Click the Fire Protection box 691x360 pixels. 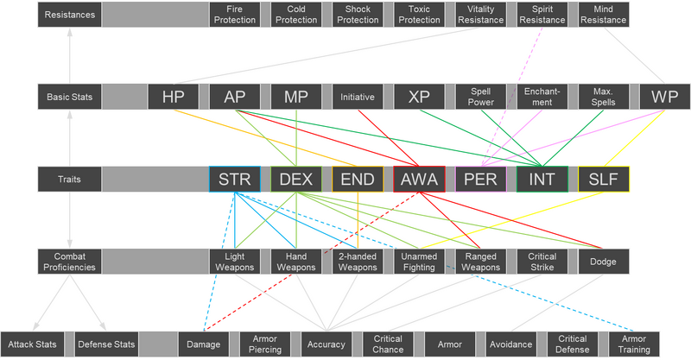(x=235, y=15)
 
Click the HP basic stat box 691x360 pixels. (x=174, y=97)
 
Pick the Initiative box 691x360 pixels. (x=358, y=97)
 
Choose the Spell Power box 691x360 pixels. (x=481, y=97)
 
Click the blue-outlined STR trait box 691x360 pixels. (x=235, y=179)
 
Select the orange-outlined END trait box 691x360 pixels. (x=358, y=179)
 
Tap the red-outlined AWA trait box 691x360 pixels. (x=419, y=179)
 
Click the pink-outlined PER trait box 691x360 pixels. (x=481, y=179)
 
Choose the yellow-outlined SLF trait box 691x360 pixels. (x=604, y=179)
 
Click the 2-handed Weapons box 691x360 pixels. (x=358, y=262)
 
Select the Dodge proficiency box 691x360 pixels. (x=604, y=262)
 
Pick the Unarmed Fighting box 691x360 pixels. (x=419, y=262)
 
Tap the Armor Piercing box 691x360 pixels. (x=265, y=344)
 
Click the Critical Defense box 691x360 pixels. (x=573, y=344)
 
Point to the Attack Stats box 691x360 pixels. (x=33, y=344)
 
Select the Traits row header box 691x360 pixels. (x=69, y=179)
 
